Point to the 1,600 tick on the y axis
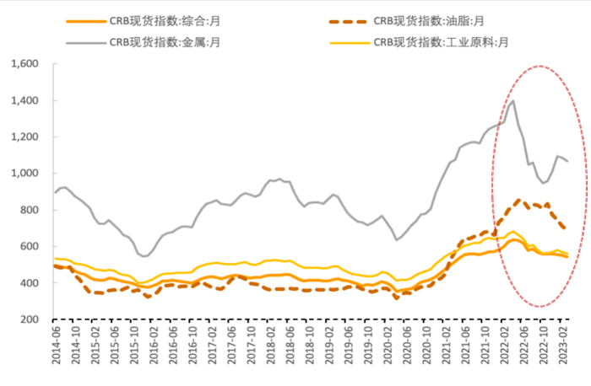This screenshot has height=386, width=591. coord(24,64)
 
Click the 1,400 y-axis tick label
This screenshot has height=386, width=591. coord(24,100)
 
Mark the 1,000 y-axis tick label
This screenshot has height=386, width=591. coord(24,174)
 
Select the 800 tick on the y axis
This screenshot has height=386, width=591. coord(30,210)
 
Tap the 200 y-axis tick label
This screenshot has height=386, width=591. coord(30,319)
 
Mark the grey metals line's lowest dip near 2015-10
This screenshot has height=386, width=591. coord(144,256)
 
